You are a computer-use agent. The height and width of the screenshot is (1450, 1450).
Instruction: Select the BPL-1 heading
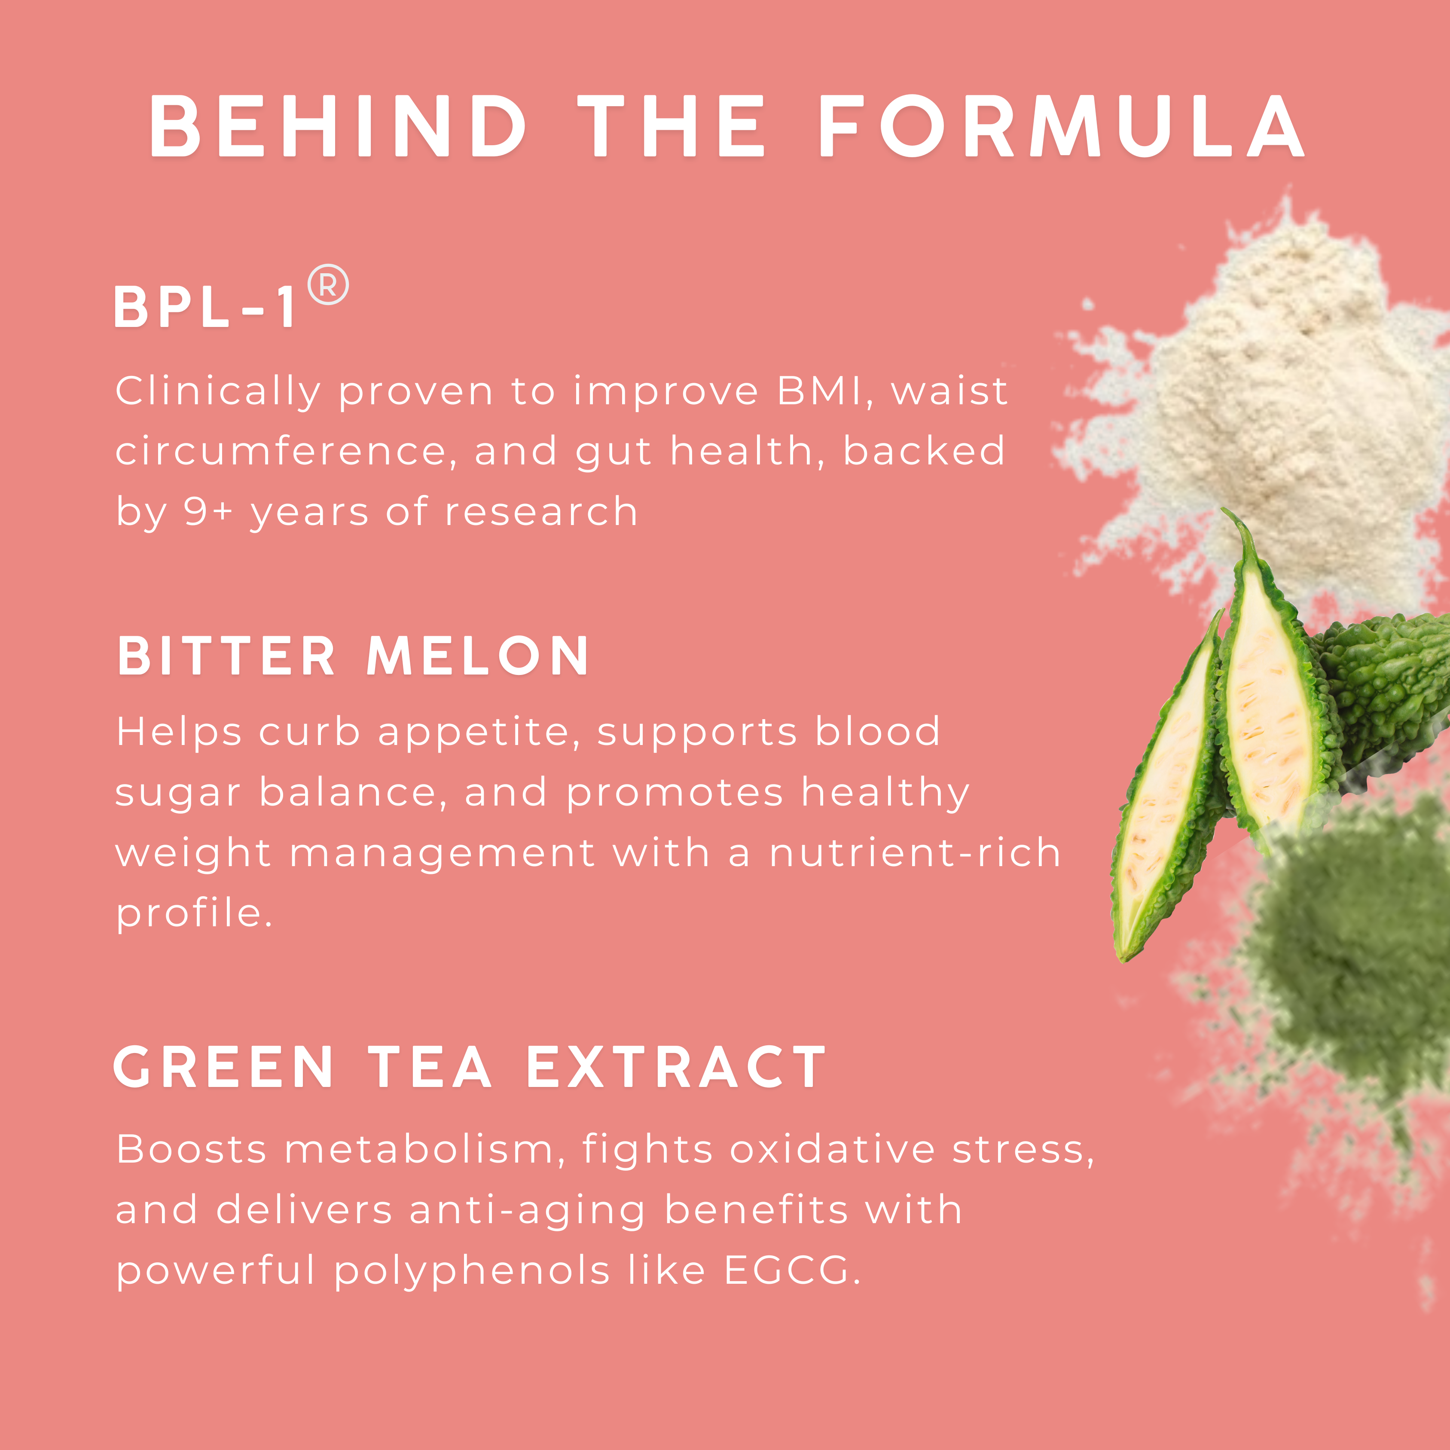pyautogui.click(x=206, y=307)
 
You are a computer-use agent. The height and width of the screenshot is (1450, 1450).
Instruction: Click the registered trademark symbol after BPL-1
pyautogui.click(x=328, y=284)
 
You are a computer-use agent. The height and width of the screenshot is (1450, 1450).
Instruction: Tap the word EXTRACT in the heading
pyautogui.click(x=675, y=1066)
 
